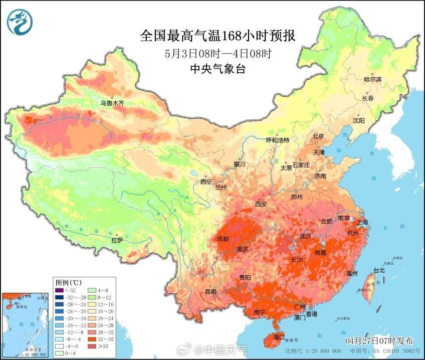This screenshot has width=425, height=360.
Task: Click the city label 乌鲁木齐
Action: click(112, 103)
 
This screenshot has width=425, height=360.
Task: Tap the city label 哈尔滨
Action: click(372, 79)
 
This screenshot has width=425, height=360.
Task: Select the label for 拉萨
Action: click(117, 240)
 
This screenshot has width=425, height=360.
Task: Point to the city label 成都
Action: click(223, 239)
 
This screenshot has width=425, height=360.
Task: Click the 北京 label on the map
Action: click(318, 136)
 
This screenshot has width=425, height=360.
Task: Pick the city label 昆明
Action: click(210, 291)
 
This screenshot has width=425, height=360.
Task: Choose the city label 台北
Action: click(379, 270)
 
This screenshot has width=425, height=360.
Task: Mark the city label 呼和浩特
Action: click(277, 140)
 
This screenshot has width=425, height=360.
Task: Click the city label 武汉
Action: click(305, 236)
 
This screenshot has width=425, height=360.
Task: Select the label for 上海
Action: click(361, 222)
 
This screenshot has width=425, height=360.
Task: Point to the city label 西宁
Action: click(206, 182)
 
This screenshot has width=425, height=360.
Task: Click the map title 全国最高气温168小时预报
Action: click(218, 36)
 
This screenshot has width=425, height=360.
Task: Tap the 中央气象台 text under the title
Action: click(218, 70)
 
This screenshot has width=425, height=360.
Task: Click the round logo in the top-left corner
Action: click(20, 23)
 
